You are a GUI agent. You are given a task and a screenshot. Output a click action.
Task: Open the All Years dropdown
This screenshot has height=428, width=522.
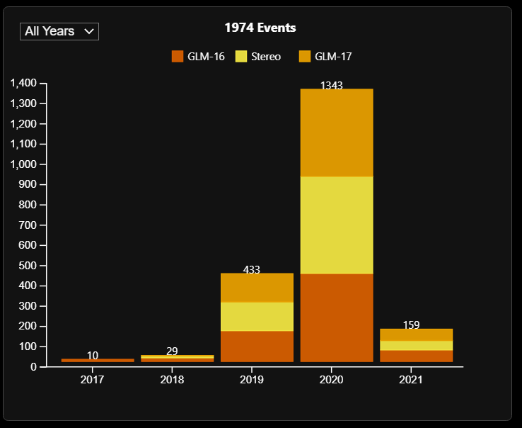[59, 31]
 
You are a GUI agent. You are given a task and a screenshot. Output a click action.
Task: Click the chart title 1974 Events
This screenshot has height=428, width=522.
[260, 28]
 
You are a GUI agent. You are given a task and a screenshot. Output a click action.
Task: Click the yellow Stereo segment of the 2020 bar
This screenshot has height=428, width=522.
[336, 225]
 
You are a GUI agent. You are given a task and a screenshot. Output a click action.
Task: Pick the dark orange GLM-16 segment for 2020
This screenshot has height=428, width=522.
[336, 317]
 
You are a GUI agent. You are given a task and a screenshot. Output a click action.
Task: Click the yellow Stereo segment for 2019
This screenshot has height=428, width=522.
[257, 316]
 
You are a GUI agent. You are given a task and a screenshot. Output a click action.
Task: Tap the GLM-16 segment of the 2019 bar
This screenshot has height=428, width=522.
[257, 346]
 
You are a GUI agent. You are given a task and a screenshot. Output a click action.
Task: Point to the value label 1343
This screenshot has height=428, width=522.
[332, 86]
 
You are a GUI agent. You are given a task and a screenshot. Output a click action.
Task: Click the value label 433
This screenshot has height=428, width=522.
[252, 269]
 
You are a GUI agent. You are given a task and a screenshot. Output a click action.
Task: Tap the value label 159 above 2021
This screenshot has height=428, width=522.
[411, 325]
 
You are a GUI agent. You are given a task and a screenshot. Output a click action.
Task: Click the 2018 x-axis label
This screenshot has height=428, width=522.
[172, 380]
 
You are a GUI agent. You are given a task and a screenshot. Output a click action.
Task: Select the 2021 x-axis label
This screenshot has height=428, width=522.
[411, 380]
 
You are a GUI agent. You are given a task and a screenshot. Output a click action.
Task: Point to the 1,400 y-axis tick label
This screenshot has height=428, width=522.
[23, 84]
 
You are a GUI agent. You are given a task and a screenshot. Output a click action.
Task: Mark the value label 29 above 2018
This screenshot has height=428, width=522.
[172, 351]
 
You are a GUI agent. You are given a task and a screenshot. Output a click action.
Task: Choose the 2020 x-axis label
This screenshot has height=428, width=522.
[332, 380]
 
